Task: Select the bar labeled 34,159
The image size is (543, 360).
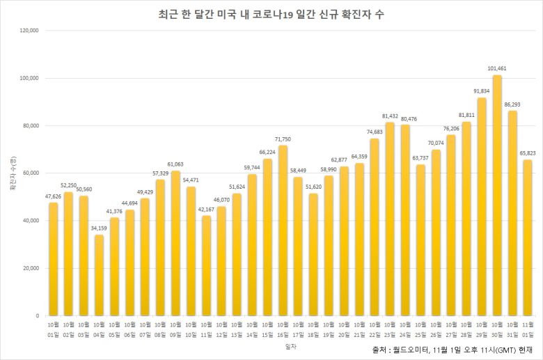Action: point(99,275)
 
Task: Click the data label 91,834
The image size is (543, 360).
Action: point(482,91)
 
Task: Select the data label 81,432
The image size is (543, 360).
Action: point(390,116)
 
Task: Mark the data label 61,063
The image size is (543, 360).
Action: point(176,164)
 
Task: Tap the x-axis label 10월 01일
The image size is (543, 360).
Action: point(53,329)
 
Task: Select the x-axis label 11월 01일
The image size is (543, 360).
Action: point(528,329)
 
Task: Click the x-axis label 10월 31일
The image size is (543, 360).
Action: point(512,329)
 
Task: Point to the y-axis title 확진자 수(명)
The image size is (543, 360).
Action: point(12,173)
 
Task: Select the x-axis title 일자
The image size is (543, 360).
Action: point(290,345)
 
